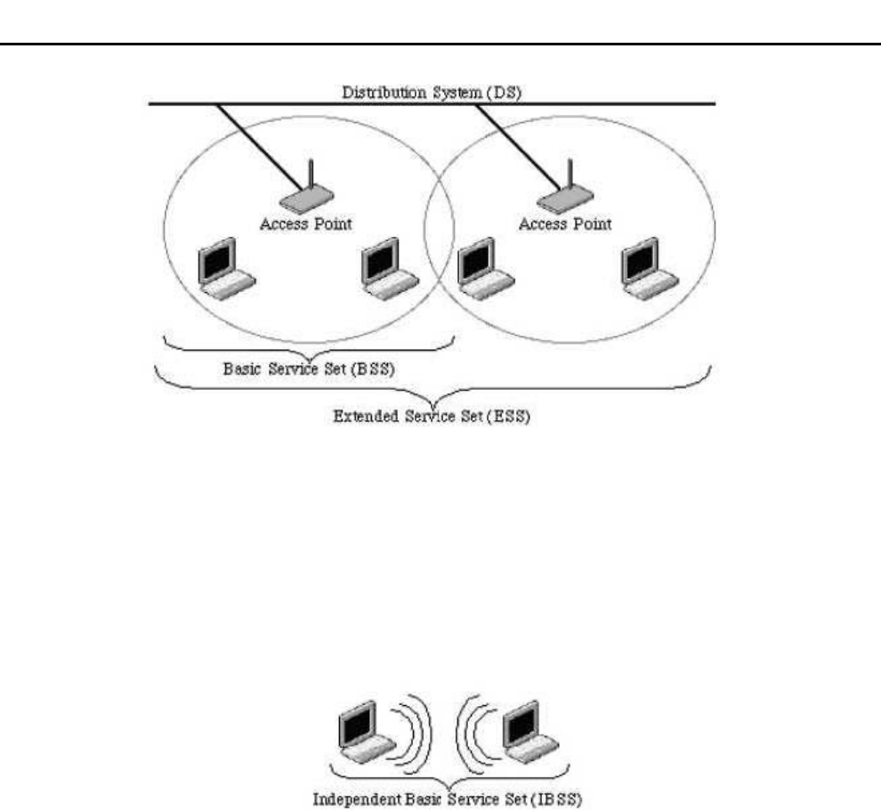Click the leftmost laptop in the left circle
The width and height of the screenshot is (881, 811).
[225, 268]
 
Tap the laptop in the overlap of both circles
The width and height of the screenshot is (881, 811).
[482, 268]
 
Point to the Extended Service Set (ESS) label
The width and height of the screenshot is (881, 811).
[430, 416]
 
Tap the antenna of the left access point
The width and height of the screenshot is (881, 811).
[308, 174]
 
